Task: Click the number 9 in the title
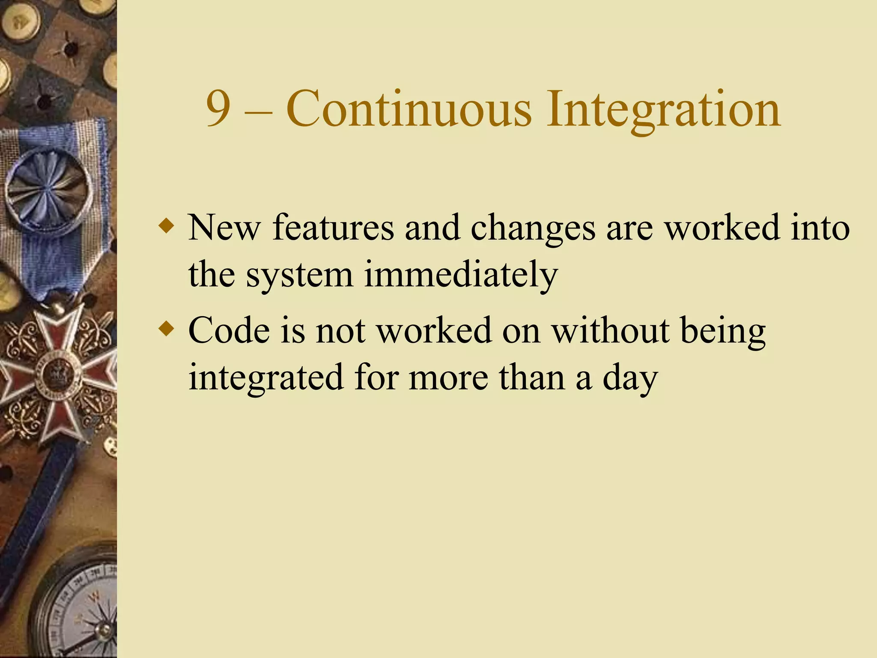[218, 109]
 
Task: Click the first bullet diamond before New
[167, 225]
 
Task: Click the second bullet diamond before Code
[167, 329]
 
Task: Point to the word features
[333, 228]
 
